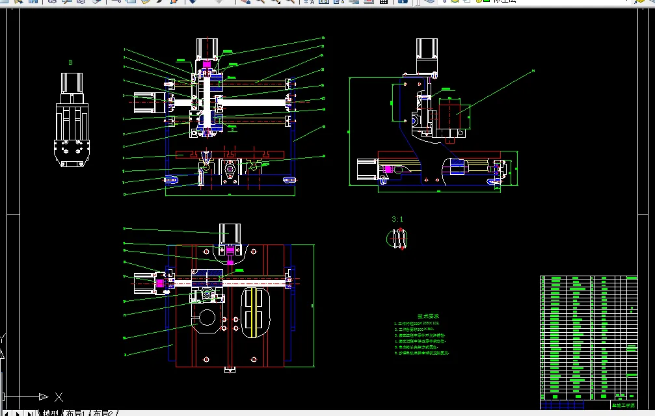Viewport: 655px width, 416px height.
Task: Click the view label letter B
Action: pos(70,63)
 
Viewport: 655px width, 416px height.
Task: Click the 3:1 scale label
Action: pos(397,220)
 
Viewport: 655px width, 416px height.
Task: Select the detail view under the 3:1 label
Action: pos(397,240)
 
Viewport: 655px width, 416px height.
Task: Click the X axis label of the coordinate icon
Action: pos(59,396)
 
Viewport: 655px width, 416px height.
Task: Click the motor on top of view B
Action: pos(72,83)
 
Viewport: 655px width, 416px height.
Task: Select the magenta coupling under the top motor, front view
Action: pos(207,65)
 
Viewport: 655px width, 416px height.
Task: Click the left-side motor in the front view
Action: pos(149,102)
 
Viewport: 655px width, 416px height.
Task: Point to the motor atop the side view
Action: pos(427,50)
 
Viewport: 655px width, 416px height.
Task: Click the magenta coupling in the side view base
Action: pos(388,170)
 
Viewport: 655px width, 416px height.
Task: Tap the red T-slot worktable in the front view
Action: pos(232,155)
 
